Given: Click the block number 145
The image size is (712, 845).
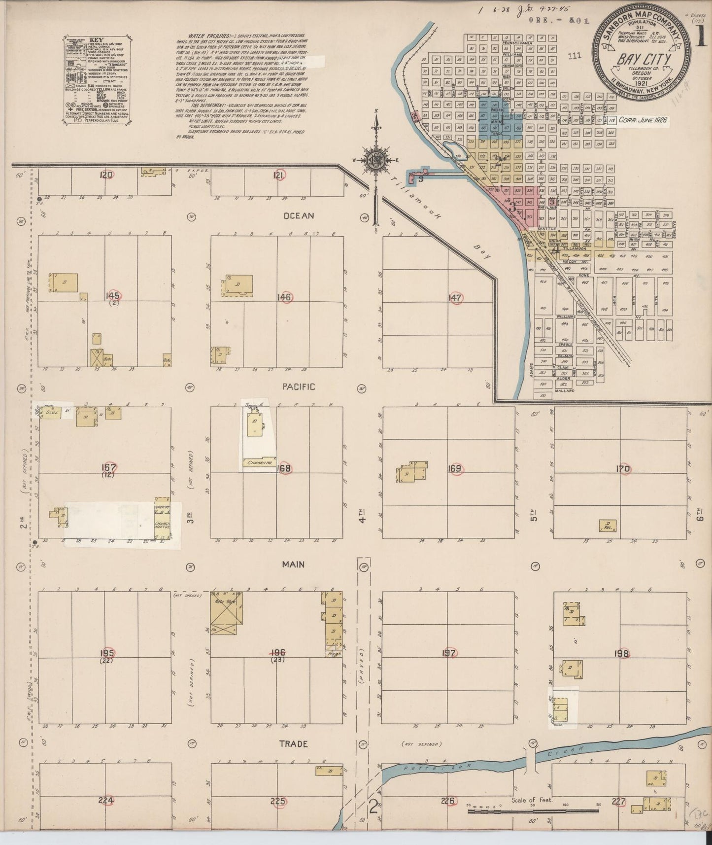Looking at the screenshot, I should [x=113, y=295].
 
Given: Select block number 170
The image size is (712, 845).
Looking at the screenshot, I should [x=622, y=469].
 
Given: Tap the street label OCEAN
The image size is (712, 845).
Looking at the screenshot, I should [x=298, y=216].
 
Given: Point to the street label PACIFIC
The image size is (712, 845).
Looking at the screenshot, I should [x=298, y=387].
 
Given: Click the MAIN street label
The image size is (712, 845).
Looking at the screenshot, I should [x=293, y=564].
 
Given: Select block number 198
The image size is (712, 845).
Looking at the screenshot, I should [x=622, y=654].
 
